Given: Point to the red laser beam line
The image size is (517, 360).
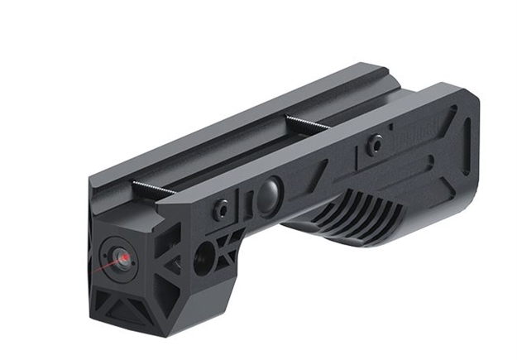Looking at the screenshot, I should (x=105, y=267).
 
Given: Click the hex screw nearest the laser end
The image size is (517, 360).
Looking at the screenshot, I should (x=221, y=209).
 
